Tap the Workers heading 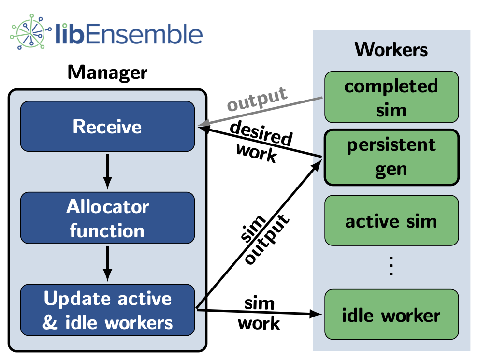click(391, 49)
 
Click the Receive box click(107, 127)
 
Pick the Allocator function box click(107, 218)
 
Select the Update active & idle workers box click(107, 310)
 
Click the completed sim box click(391, 97)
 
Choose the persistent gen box click(391, 157)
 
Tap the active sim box click(391, 221)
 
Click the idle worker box click(391, 315)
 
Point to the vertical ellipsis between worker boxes click(391, 266)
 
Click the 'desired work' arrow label click(260, 142)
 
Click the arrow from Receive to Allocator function click(107, 171)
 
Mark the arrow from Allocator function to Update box click(107, 263)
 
